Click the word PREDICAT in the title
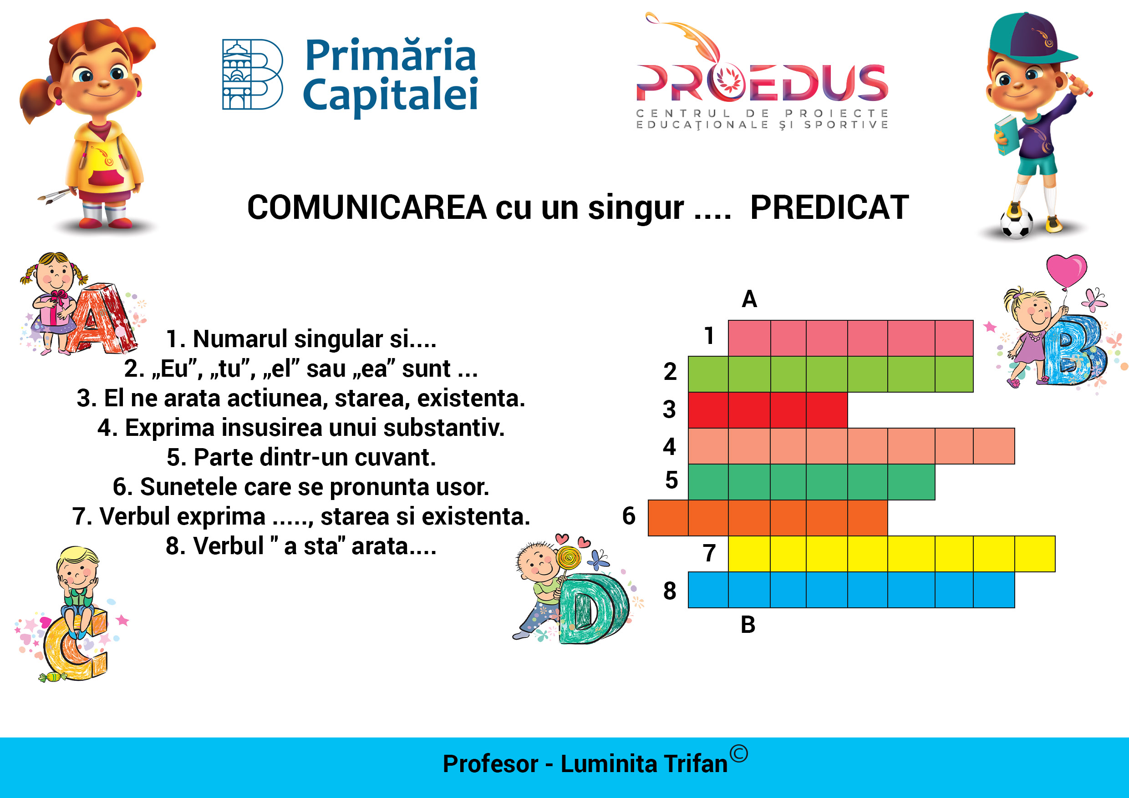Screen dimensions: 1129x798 click(829, 207)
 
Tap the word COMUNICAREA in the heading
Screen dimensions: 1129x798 click(367, 207)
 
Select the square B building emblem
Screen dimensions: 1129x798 click(253, 74)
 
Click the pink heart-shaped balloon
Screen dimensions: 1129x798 click(1066, 270)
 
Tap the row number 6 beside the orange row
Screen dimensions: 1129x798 click(629, 516)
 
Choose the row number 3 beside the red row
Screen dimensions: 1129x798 click(669, 409)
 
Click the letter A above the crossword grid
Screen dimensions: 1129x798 click(749, 299)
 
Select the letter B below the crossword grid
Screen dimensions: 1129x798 click(748, 625)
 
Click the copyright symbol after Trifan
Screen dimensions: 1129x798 click(738, 753)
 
